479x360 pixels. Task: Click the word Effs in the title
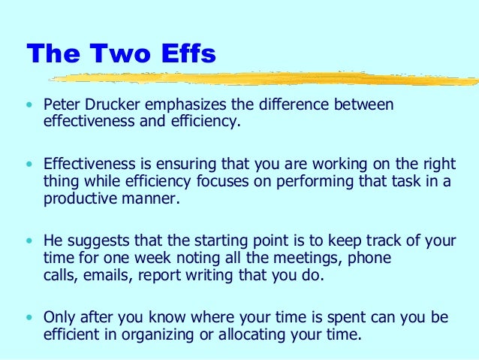point(188,53)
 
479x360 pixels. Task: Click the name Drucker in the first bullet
point(112,104)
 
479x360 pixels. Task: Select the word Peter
point(62,104)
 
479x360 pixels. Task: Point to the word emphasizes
point(185,105)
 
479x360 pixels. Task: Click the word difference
point(294,104)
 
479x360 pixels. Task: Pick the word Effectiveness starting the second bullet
point(89,164)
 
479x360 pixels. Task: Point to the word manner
point(150,200)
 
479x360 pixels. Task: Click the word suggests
point(98,241)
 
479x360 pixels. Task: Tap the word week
point(152,257)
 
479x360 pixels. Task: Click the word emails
point(108,275)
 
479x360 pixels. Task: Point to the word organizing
point(158,335)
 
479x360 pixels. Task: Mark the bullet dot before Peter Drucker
point(29,105)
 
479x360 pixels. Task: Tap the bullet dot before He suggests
point(29,241)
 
